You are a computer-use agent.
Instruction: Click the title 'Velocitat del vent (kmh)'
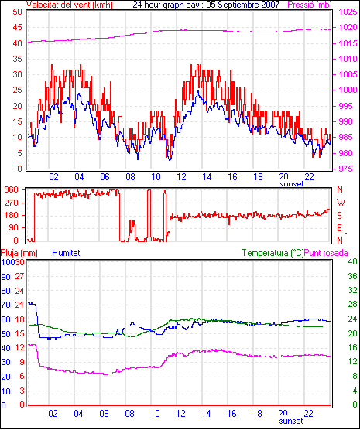70,5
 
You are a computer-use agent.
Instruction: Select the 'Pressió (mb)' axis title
310,5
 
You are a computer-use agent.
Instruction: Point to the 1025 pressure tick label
348,12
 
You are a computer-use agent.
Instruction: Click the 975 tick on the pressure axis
348,169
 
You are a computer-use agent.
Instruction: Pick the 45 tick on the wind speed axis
17,27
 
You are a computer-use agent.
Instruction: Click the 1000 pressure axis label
348,90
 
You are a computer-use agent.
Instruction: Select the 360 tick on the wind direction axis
12,189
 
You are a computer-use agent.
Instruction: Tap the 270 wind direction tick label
12,203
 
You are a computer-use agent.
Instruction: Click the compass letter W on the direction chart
341,203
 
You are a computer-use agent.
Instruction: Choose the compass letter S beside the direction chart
340,216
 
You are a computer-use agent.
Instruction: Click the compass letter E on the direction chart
340,228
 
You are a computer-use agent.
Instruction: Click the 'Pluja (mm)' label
19,253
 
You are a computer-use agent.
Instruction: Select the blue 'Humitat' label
66,253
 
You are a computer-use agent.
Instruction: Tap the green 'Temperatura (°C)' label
273,253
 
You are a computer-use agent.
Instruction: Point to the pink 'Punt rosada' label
326,253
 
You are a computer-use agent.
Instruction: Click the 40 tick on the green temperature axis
352,262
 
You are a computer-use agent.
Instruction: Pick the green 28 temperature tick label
352,305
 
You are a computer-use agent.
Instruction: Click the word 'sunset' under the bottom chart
291,421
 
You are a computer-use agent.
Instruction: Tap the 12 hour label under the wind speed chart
181,177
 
